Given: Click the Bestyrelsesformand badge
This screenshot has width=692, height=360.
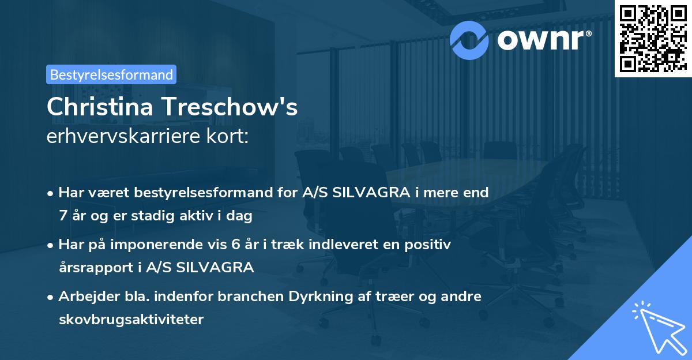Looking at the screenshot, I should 111,74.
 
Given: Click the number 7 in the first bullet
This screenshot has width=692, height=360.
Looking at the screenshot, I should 62,217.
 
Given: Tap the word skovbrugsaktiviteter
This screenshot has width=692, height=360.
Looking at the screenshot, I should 131,320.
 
